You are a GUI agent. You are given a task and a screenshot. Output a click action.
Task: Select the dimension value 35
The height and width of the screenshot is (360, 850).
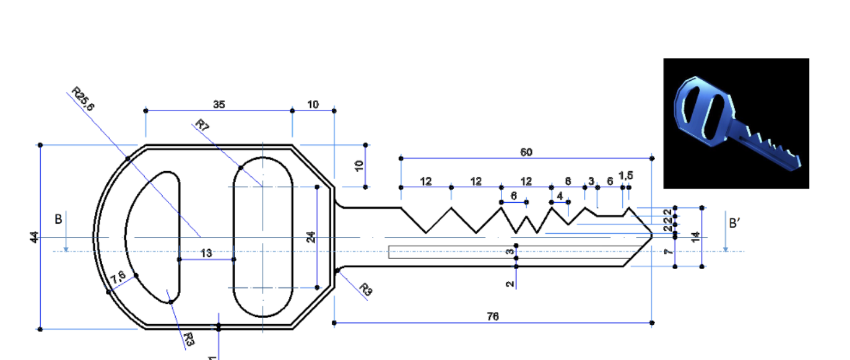pos(219,105)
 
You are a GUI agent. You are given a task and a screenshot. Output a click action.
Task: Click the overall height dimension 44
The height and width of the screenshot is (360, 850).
pos(34,237)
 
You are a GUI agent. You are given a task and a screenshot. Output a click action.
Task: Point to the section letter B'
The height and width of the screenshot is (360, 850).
pos(735,223)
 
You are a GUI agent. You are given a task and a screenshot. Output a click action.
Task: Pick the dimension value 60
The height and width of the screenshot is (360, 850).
pos(526,152)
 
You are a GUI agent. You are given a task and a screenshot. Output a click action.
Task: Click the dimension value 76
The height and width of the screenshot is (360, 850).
pos(493,316)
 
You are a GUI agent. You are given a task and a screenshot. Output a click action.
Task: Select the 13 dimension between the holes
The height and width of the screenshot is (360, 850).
pos(206,254)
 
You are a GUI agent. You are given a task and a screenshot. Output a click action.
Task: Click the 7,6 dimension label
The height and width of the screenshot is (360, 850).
pos(118,277)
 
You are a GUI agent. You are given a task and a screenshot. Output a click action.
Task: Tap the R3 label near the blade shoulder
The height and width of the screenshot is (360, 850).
pos(366,289)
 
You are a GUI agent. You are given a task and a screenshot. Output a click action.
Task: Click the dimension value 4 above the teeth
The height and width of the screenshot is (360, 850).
pos(559,196)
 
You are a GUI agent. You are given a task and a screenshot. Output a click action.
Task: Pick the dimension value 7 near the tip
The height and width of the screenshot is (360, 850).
pos(670,252)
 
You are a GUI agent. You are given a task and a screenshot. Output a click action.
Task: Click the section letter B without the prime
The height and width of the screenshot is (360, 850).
pos(59,219)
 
